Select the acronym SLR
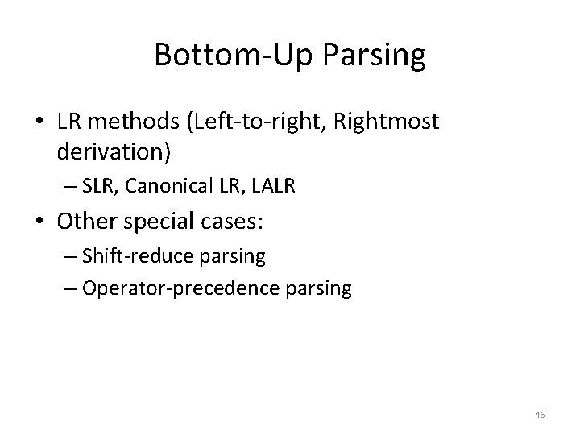click(x=96, y=187)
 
